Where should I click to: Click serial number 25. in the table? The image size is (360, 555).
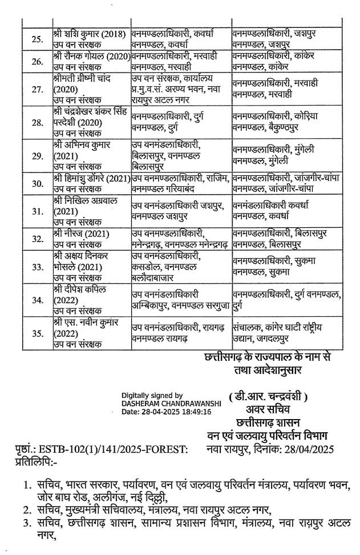37,39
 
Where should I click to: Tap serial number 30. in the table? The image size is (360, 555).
37,183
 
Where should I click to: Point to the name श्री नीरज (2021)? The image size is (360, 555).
80,234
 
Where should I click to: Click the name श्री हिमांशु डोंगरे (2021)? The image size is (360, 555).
91,178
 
